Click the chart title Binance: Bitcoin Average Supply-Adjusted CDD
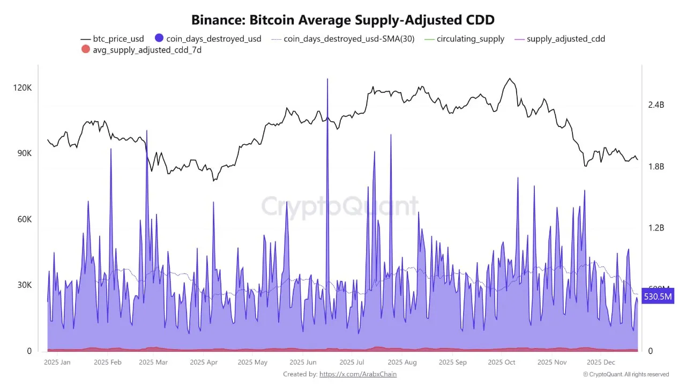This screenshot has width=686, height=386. pyautogui.click(x=343, y=20)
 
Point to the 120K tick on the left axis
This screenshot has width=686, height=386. pyautogui.click(x=23, y=87)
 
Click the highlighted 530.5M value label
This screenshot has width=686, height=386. pyautogui.click(x=657, y=296)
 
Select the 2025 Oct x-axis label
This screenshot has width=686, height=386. pyautogui.click(x=502, y=362)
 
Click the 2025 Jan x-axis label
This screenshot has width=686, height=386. pyautogui.click(x=57, y=362)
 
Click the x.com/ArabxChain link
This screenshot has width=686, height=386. pyautogui.click(x=358, y=374)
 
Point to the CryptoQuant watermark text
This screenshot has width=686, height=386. pyautogui.click(x=340, y=206)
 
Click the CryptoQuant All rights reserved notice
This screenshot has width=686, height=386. pyautogui.click(x=626, y=374)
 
